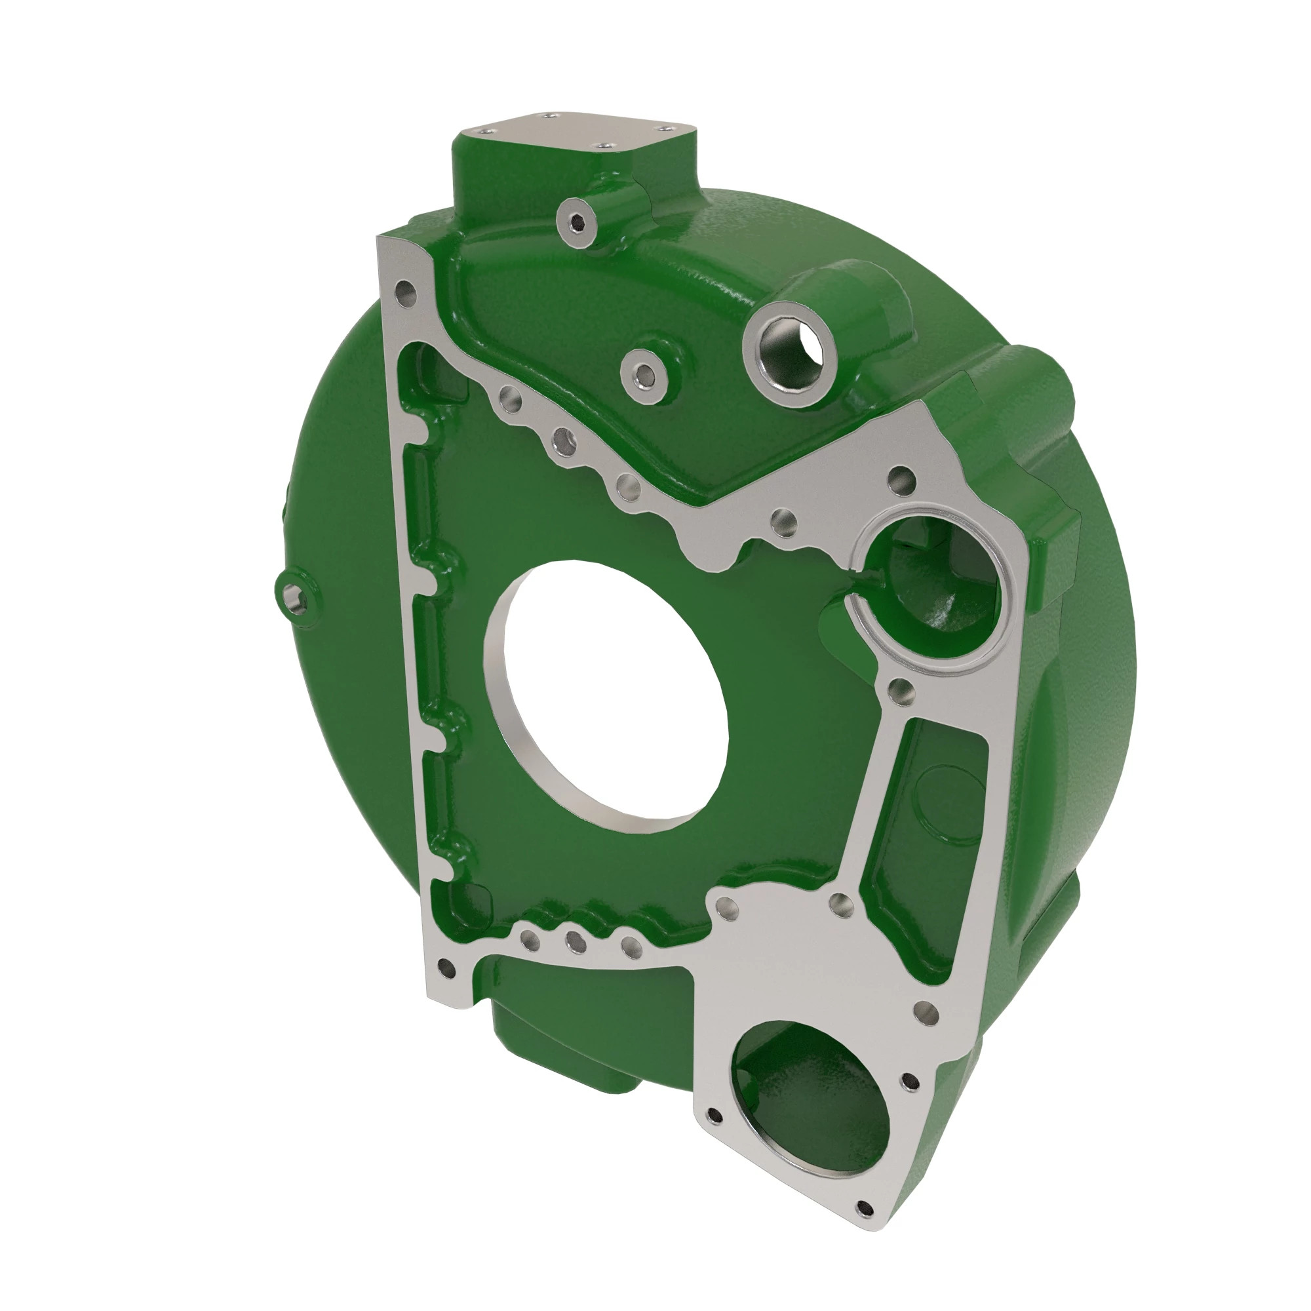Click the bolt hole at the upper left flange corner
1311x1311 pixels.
pyautogui.click(x=405, y=293)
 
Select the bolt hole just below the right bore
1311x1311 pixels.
pyautogui.click(x=901, y=692)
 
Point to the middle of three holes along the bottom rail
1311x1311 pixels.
pyautogui.click(x=576, y=941)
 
